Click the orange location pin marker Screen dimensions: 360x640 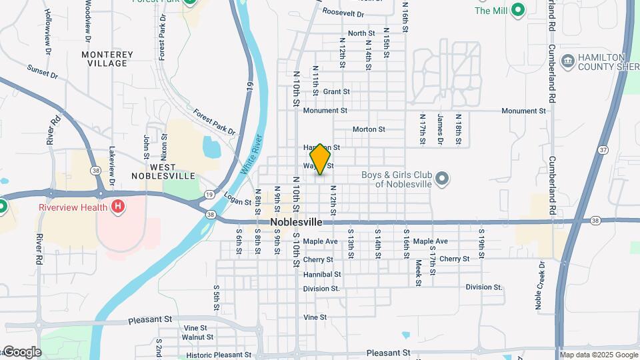[320, 159]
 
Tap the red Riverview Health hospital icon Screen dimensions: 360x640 [118, 207]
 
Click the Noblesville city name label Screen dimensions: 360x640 [296, 222]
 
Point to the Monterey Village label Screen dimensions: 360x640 [107, 59]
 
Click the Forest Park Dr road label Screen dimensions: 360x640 [215, 123]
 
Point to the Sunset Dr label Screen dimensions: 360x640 [43, 72]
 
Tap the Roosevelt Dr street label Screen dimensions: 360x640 [343, 13]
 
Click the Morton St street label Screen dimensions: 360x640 [369, 129]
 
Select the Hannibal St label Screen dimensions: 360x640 [322, 274]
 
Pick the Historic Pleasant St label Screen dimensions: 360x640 [209, 355]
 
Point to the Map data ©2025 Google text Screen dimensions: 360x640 [598, 355]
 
